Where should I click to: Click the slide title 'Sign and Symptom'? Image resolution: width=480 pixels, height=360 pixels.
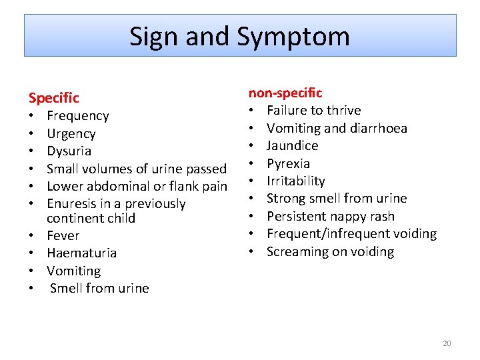point(239,36)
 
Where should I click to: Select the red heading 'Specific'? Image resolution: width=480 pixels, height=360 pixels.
point(53,98)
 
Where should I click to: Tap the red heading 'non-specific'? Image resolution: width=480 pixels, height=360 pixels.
point(285,93)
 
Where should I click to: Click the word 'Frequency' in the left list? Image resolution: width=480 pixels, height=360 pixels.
point(77,116)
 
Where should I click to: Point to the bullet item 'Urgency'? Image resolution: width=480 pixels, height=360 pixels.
point(71,133)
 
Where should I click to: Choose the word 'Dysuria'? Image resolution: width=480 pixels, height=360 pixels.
point(69,151)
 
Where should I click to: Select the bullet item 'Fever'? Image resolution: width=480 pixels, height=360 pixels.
point(63,236)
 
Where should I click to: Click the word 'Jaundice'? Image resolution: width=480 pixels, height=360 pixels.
point(292,145)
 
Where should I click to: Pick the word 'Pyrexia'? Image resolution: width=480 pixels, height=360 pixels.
point(288,163)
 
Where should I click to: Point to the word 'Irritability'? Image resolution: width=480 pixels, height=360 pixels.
point(295,181)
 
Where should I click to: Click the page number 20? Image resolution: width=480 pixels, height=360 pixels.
point(447,343)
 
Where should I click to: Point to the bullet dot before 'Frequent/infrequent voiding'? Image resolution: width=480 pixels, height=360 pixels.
point(253,234)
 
